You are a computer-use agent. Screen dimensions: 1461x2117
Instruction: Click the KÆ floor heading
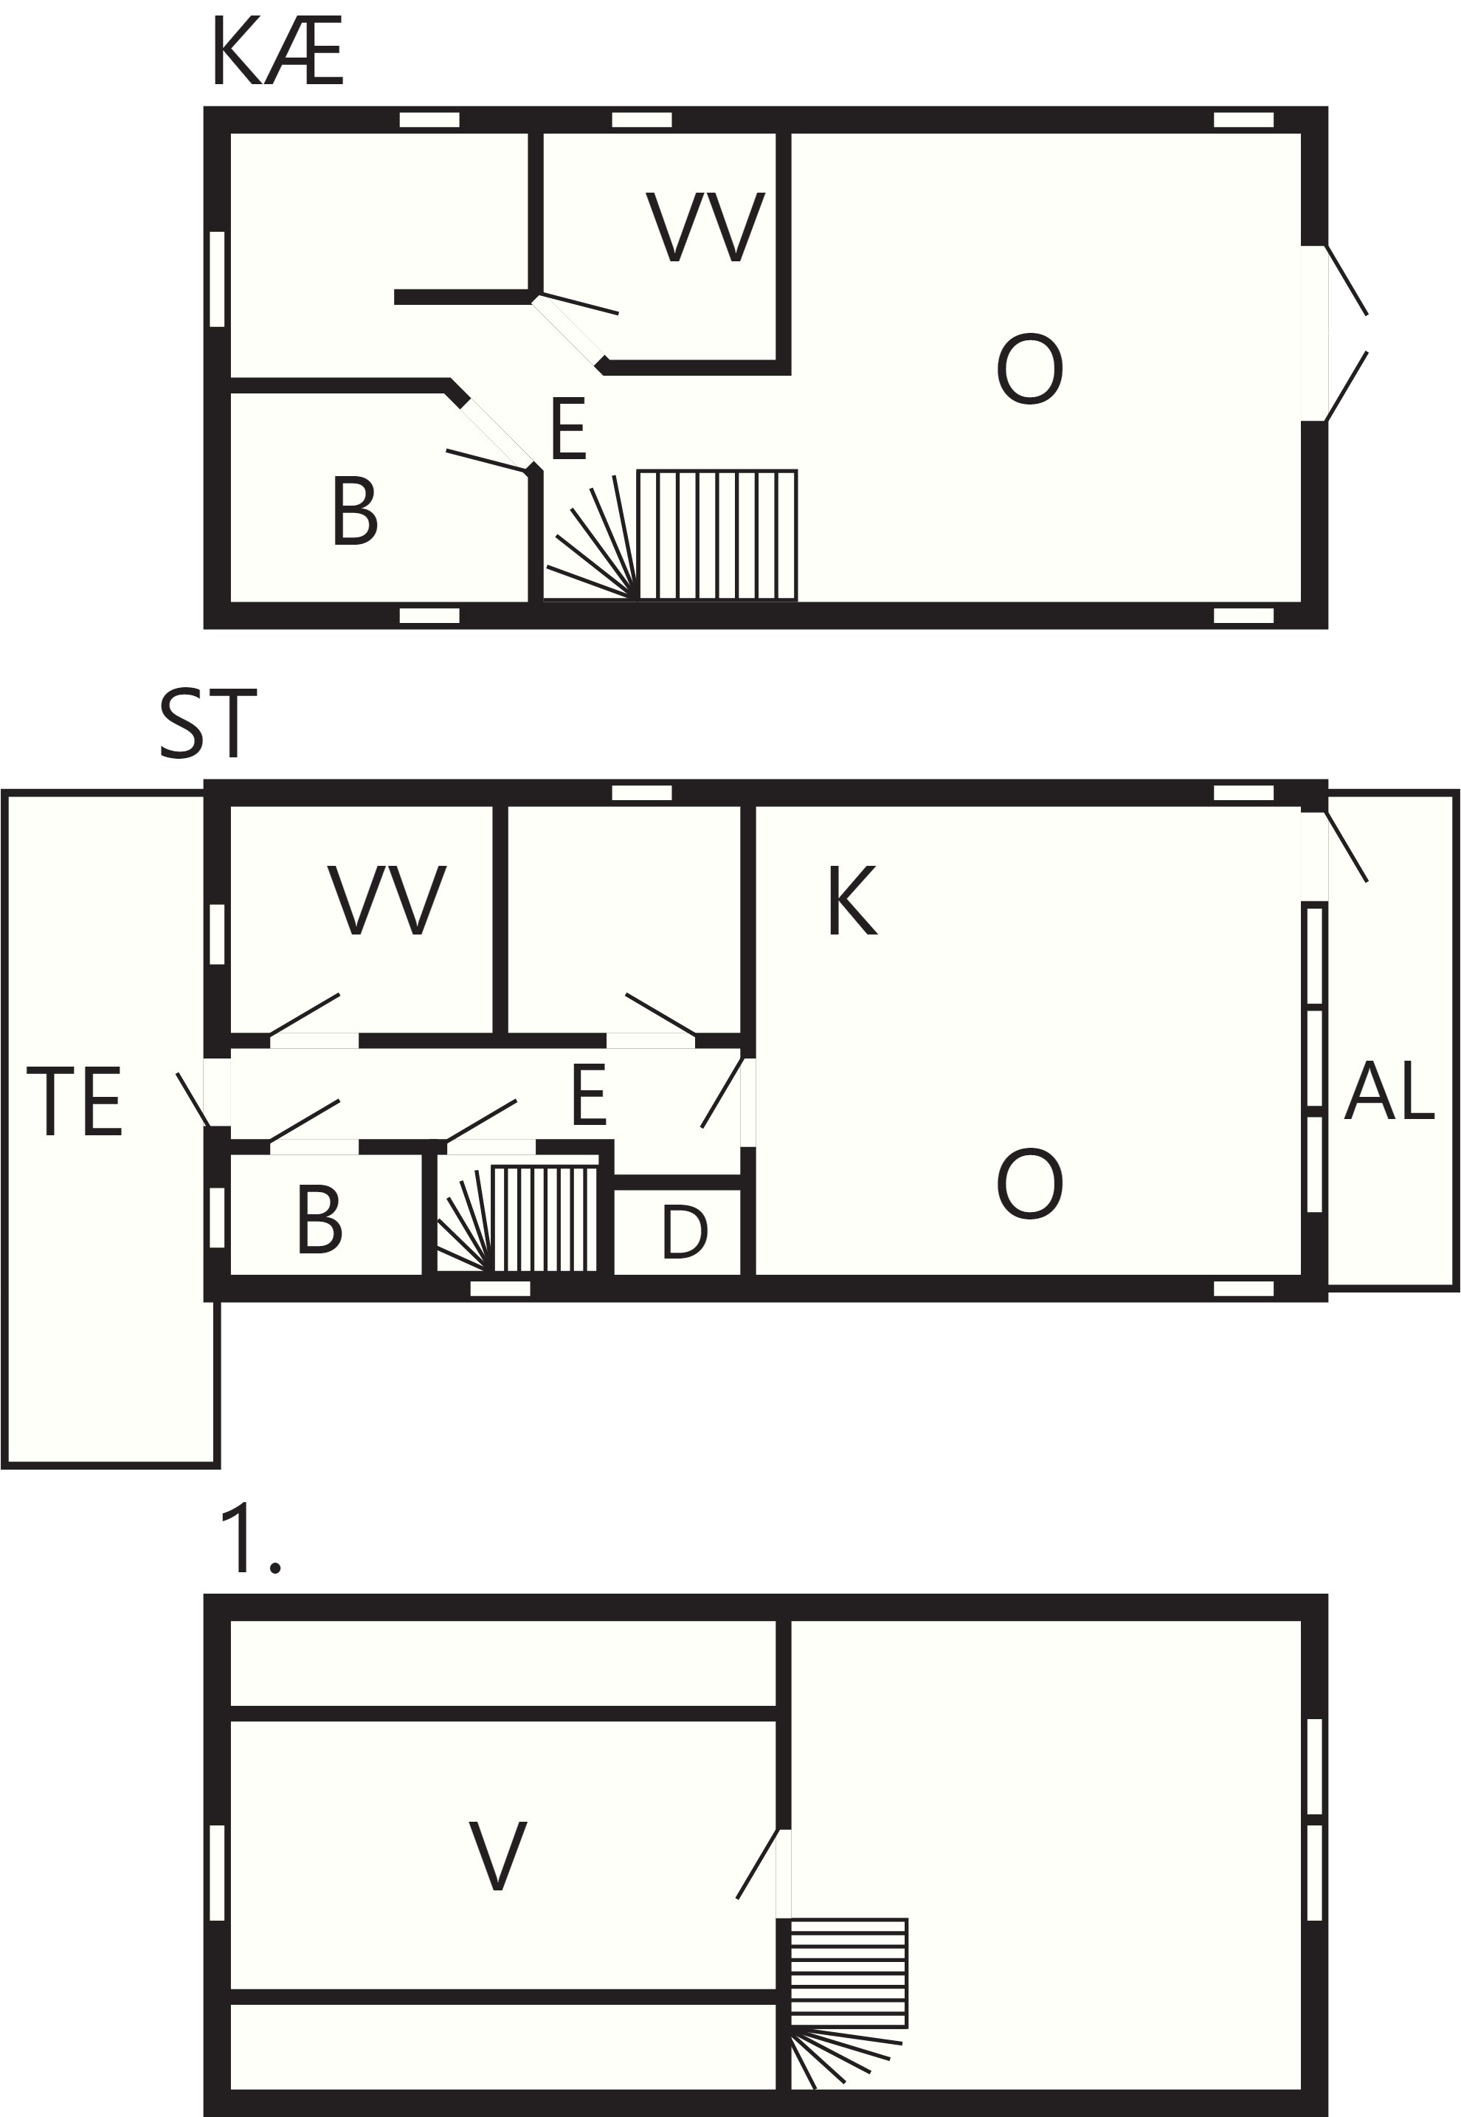[x=277, y=54]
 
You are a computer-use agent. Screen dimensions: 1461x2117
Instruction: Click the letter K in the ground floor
[x=852, y=901]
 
